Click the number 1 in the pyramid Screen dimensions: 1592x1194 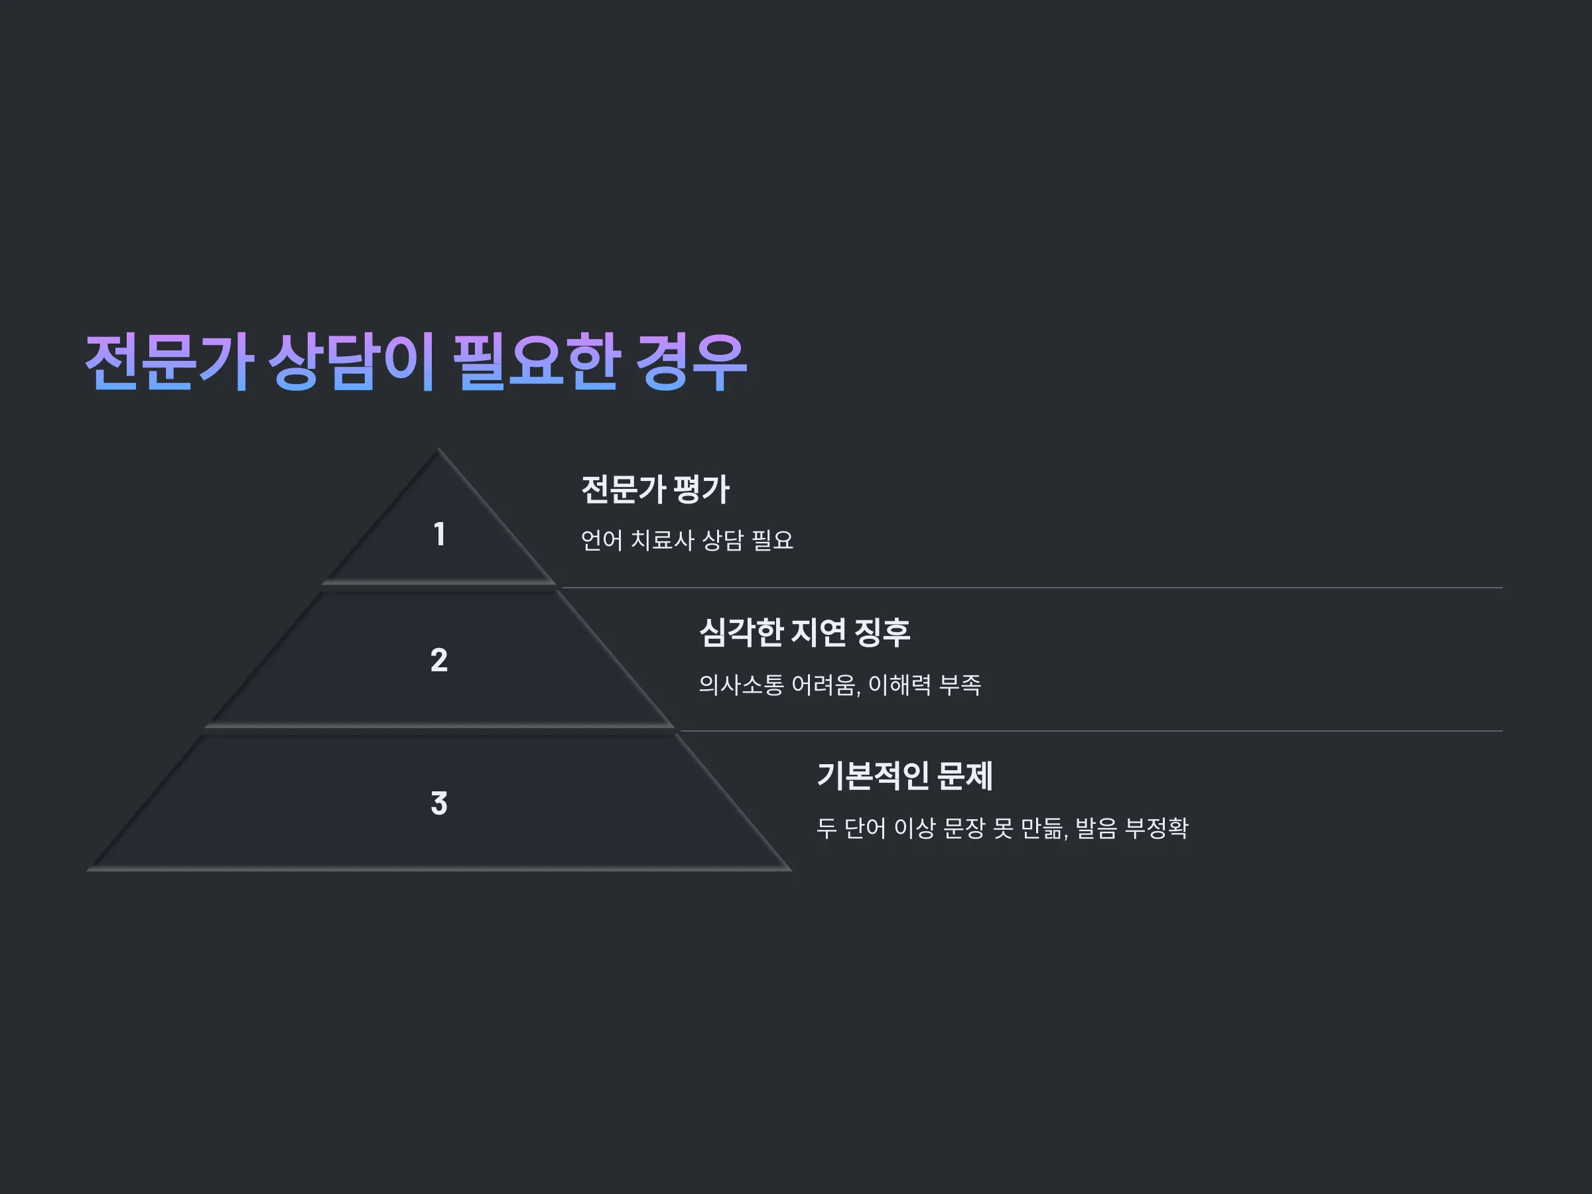click(439, 534)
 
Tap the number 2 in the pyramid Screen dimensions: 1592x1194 click(439, 660)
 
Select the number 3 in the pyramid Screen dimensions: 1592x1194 click(439, 803)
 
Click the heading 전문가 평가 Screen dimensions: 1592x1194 click(655, 490)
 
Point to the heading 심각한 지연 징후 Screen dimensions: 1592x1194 click(805, 633)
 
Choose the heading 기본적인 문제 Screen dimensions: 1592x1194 click(905, 776)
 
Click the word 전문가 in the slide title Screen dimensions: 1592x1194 click(169, 362)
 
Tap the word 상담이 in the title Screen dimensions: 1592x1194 click(353, 362)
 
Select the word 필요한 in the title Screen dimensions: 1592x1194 click(537, 362)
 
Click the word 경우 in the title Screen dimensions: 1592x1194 click(693, 362)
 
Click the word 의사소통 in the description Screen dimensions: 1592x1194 click(740, 685)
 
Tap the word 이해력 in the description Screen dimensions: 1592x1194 click(899, 685)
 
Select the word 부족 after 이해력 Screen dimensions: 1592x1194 click(960, 685)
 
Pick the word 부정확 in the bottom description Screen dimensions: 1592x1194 click(1157, 828)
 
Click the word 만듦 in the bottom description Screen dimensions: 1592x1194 click(1042, 828)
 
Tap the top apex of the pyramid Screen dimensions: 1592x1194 click(438, 449)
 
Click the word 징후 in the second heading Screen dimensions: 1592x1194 click(882, 633)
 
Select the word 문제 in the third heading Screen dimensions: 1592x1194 click(965, 776)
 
